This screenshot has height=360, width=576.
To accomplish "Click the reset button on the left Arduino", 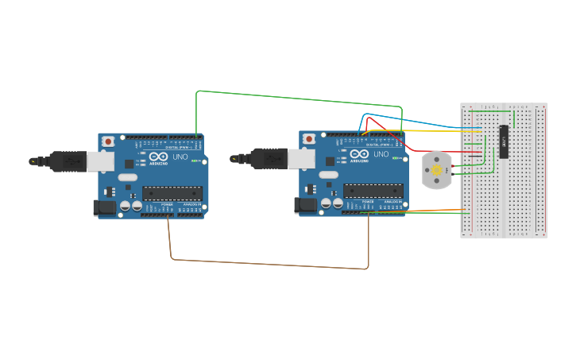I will pyautogui.click(x=108, y=141).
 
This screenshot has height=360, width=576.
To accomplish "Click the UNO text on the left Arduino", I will pyautogui.click(x=180, y=157).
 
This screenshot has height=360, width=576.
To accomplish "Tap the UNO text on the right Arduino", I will pyautogui.click(x=381, y=154).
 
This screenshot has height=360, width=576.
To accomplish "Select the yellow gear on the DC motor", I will pyautogui.click(x=435, y=170).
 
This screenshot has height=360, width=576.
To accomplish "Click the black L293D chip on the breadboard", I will pyautogui.click(x=504, y=141).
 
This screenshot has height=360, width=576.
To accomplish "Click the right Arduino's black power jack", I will pyautogui.click(x=305, y=205).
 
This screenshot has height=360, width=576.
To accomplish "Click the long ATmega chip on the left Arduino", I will pyautogui.click(x=172, y=192).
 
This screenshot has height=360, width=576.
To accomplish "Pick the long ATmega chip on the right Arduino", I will pyautogui.click(x=373, y=190).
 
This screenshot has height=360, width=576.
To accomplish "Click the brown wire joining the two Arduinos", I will pyautogui.click(x=270, y=264).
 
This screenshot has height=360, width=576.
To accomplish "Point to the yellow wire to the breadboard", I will pyautogui.click(x=429, y=130).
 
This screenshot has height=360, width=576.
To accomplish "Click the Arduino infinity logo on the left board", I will pyautogui.click(x=158, y=157).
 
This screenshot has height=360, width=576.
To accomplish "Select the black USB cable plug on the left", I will pyautogui.click(x=68, y=161).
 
